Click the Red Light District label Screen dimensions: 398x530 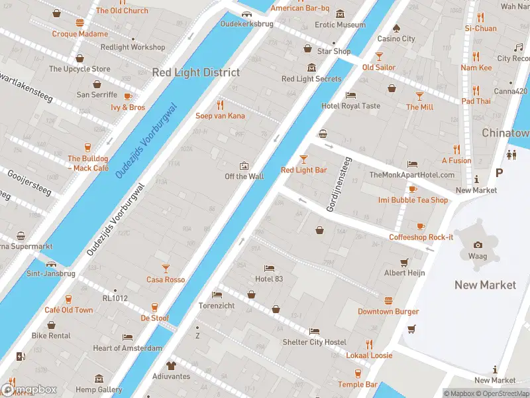click(196, 72)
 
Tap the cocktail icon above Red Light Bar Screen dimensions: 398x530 click(303, 159)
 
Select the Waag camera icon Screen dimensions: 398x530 click(478, 244)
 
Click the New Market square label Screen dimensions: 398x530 click(485, 285)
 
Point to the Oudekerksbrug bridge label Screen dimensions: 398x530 click(246, 23)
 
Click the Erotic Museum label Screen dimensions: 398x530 click(340, 25)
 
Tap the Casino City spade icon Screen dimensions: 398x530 click(396, 28)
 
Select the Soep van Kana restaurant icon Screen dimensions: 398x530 click(221, 105)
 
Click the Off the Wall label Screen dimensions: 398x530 click(244, 176)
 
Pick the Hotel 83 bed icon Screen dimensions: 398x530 click(269, 268)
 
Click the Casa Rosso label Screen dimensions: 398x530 click(166, 279)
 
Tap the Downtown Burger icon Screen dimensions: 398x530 click(388, 300)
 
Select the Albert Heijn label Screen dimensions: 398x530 click(404, 273)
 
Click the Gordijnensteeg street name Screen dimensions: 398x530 click(338, 185)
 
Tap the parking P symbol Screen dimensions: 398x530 click(499, 172)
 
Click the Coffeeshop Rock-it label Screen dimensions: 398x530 click(421, 237)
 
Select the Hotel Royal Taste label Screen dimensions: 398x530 click(350, 105)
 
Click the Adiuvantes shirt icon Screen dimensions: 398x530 click(170, 365)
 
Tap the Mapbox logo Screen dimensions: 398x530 click(28, 390)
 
